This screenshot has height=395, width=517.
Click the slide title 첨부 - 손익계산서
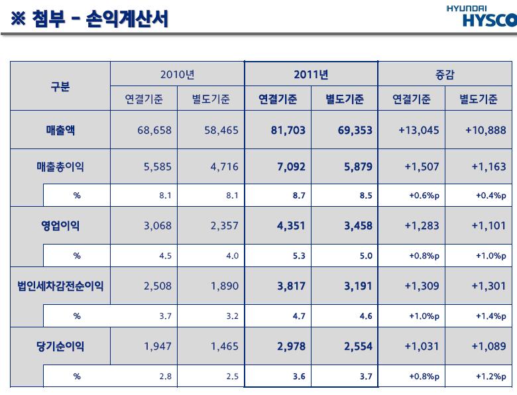[x=89, y=19]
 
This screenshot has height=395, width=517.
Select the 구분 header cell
[x=60, y=87]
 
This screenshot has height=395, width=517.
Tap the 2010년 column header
[x=177, y=75]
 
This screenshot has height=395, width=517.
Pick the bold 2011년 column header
[x=311, y=75]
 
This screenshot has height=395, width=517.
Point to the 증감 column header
[x=444, y=75]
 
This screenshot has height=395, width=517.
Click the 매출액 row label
[x=60, y=130]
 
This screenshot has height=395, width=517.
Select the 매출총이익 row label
[x=60, y=167]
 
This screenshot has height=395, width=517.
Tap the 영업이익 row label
[x=60, y=225]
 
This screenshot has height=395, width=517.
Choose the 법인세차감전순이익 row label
[x=60, y=287]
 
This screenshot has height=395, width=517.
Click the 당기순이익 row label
[x=60, y=345]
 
